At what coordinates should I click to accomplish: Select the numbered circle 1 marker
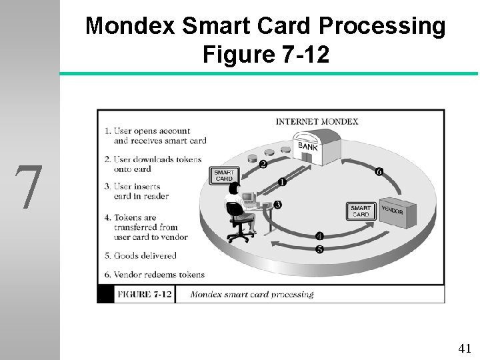click(x=282, y=181)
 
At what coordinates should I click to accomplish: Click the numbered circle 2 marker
click(x=263, y=164)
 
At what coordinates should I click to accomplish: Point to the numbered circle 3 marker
click(x=277, y=205)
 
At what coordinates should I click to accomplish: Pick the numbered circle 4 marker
click(x=319, y=236)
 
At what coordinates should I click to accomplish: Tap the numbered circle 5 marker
click(x=319, y=249)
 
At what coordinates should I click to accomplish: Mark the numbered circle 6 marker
click(x=379, y=171)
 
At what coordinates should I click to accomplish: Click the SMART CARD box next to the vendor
click(x=361, y=211)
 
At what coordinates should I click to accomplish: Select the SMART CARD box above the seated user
click(x=224, y=175)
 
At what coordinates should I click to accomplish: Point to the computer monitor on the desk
click(x=249, y=197)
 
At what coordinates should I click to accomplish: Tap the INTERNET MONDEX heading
click(x=317, y=121)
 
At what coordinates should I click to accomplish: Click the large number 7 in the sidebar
click(x=29, y=187)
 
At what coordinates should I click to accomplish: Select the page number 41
click(x=465, y=347)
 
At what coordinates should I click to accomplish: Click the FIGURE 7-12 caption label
click(x=145, y=294)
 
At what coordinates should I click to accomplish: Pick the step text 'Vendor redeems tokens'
click(x=159, y=274)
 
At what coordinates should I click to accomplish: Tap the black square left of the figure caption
click(x=105, y=294)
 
